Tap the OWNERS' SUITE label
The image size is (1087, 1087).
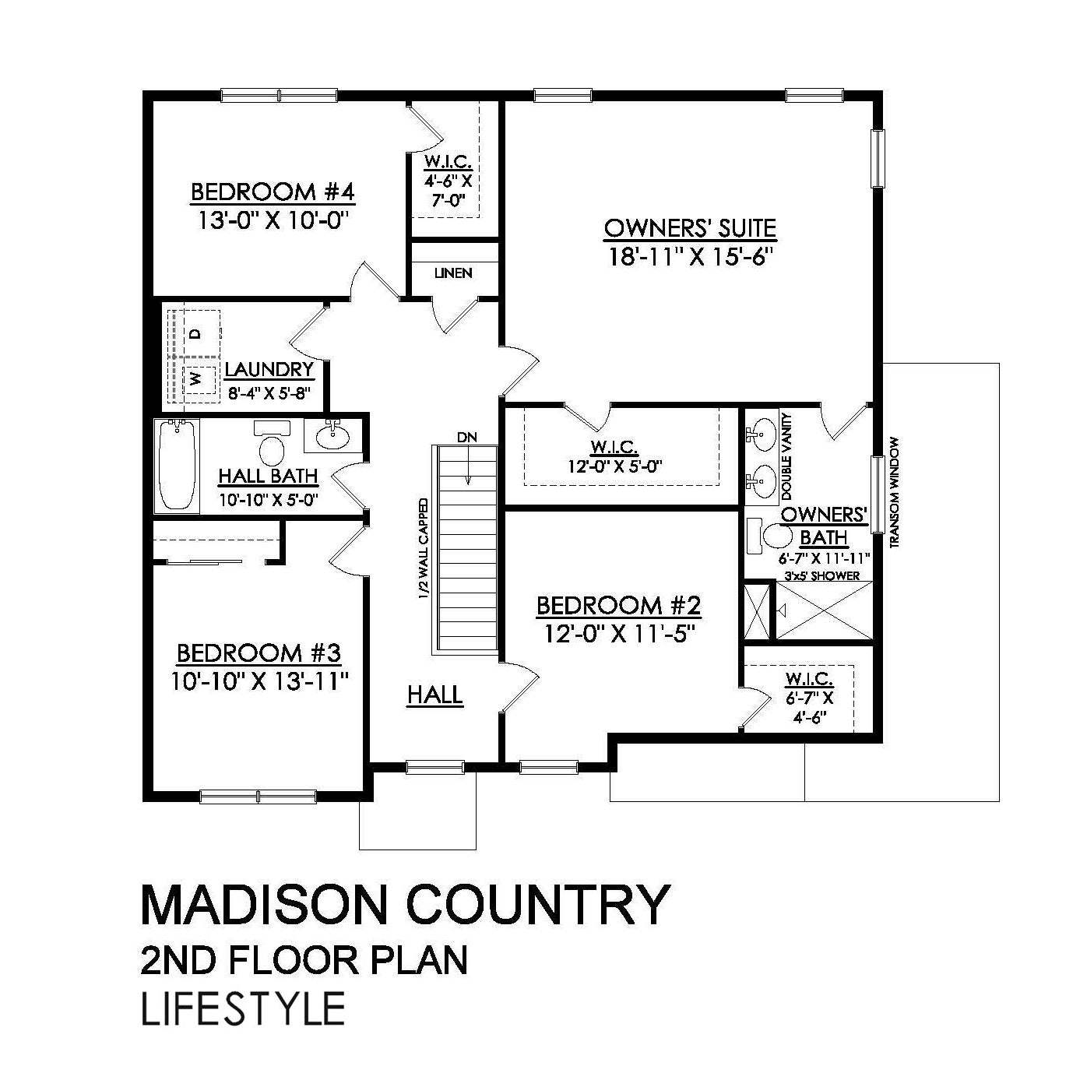coord(690,228)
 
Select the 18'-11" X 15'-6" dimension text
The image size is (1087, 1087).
coord(690,257)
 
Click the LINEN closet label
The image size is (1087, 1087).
coord(453,273)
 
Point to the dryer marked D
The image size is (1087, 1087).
coord(195,334)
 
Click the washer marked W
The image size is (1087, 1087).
coord(195,379)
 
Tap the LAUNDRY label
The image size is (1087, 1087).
coord(269,369)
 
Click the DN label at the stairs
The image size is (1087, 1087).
coord(466,437)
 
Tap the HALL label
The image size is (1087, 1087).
coord(435,695)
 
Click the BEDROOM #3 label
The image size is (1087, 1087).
coord(259,653)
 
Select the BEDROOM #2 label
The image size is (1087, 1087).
coord(619,605)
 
